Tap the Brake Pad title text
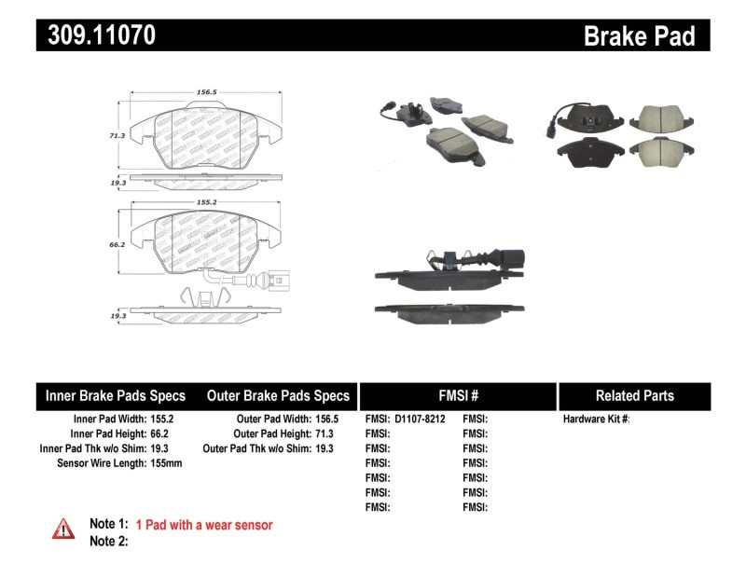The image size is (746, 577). coord(639,35)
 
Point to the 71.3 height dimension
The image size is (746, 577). coord(117,135)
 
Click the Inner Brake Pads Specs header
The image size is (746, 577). coord(116,395)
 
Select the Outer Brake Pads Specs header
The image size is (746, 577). coord(278,395)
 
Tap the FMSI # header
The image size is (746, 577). coord(457,395)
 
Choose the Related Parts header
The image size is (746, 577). coord(634,395)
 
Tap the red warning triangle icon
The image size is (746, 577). coord(62,529)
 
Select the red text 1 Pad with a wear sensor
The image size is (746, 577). coord(204,525)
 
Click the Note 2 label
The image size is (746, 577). coord(108,542)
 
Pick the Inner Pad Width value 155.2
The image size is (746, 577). coord(162,419)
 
